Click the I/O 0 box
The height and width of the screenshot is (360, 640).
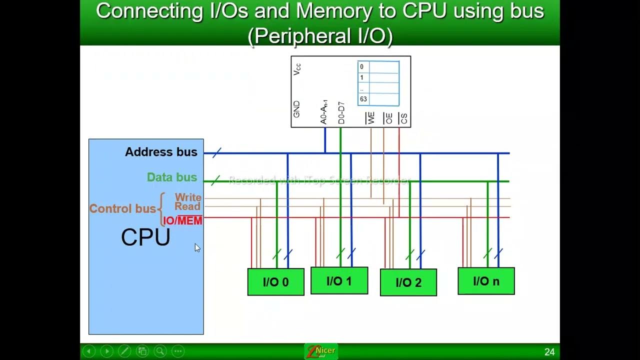pos(275,282)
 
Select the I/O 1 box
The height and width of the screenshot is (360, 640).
pos(339,281)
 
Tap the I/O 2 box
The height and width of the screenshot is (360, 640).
pos(408,282)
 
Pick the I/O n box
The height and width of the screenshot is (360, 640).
pos(486,281)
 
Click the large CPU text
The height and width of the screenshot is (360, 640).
pos(145,237)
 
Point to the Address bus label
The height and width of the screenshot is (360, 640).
pos(161,152)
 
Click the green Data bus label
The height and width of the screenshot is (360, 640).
pos(172,177)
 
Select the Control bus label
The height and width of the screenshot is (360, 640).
pos(122,208)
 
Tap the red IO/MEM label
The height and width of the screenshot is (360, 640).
pos(182,220)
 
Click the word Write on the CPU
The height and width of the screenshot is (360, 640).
pos(188,197)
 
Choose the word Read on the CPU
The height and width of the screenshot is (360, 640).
pos(187,206)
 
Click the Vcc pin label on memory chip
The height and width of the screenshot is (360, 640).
pos(297,69)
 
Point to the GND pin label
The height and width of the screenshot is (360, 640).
pos(296,109)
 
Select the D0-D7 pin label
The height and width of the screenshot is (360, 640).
pos(341,113)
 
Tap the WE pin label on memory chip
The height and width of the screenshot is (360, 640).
pos(371,118)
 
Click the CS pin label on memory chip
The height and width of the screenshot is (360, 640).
pos(403,118)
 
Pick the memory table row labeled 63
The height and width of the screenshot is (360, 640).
pos(378,99)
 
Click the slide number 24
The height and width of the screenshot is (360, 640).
pos(549,352)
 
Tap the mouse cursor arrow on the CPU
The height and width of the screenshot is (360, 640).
pos(197,247)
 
